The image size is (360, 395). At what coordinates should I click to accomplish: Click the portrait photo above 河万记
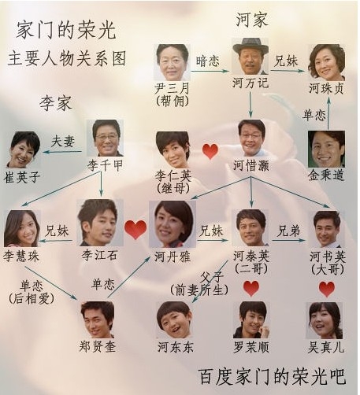click(251, 56)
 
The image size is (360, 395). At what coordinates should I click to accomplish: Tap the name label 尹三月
click(172, 88)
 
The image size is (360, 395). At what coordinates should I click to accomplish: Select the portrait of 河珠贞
click(326, 62)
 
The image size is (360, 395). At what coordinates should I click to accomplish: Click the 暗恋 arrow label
click(207, 61)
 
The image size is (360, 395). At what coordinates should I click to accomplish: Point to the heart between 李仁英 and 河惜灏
click(210, 152)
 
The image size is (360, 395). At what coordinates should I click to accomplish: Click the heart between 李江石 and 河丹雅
click(135, 230)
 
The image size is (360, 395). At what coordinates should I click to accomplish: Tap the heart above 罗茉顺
click(251, 289)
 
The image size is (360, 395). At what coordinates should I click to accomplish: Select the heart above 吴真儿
click(327, 289)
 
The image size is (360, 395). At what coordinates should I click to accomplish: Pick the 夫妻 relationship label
click(63, 142)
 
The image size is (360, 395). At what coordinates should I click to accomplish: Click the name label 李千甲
click(105, 166)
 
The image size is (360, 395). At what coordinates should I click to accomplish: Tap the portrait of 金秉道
click(326, 149)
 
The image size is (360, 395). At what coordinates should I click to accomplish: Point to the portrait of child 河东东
click(174, 319)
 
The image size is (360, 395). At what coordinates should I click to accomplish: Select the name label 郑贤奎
click(98, 347)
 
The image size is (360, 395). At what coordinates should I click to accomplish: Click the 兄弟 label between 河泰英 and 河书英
click(288, 231)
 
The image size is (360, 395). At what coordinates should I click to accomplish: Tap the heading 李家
click(56, 102)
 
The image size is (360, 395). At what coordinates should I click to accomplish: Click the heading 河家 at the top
click(251, 20)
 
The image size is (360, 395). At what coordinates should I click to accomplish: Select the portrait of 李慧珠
click(22, 228)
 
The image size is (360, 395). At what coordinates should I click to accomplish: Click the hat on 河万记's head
click(251, 46)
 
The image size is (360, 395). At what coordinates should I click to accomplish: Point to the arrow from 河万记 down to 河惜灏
click(251, 105)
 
